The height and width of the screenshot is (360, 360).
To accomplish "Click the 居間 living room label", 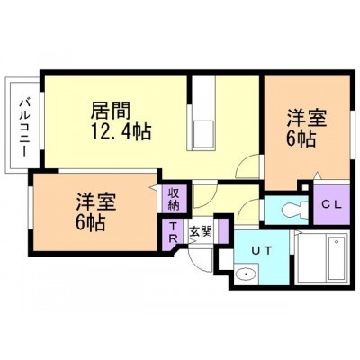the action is (x=111, y=111).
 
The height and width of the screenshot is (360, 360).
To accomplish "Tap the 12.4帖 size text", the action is (x=121, y=131).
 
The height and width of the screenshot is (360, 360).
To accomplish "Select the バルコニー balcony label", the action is (x=24, y=129).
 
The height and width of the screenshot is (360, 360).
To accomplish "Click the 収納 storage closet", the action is (x=174, y=198).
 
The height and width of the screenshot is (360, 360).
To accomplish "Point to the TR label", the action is (x=174, y=233).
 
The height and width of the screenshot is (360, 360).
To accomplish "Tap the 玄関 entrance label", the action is (x=201, y=231).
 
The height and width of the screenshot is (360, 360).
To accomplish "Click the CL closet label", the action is (x=332, y=204).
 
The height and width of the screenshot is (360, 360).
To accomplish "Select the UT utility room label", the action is (x=262, y=250).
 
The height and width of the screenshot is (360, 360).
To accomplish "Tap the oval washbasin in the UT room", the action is (x=247, y=274).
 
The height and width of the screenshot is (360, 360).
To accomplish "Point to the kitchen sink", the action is (x=204, y=134).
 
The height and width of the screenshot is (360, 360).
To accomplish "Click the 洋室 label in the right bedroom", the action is (x=306, y=119).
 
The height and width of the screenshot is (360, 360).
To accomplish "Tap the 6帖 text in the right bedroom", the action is (x=301, y=139).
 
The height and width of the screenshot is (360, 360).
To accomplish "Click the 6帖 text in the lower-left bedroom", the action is (x=91, y=222).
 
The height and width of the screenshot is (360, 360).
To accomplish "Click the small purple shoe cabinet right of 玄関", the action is (x=222, y=231).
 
